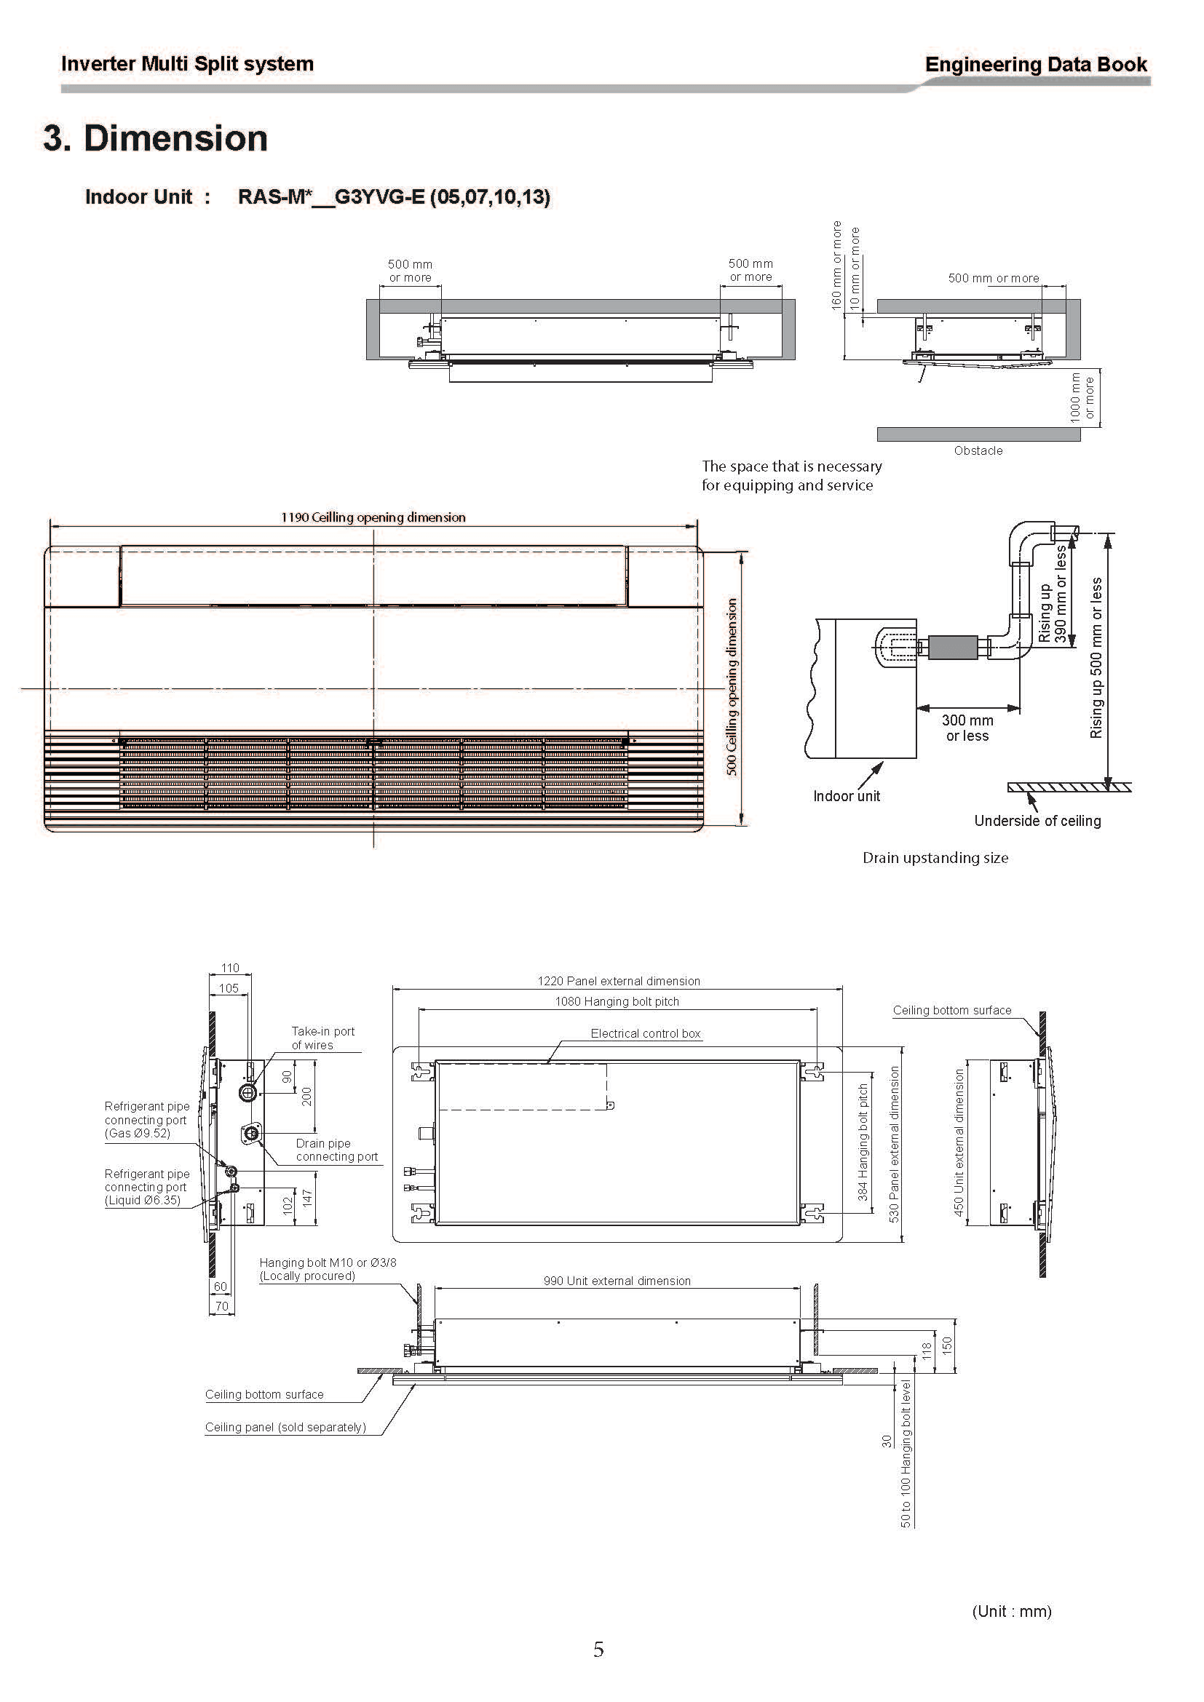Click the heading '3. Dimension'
pyautogui.click(x=155, y=139)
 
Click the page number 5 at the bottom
pyautogui.click(x=598, y=1650)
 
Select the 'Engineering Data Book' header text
pyautogui.click(x=1036, y=65)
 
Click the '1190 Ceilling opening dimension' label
pyautogui.click(x=373, y=517)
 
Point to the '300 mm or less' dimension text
pyautogui.click(x=967, y=728)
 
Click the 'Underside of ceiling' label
pyautogui.click(x=1037, y=821)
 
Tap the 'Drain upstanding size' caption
pyautogui.click(x=935, y=858)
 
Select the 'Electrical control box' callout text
pyautogui.click(x=645, y=1033)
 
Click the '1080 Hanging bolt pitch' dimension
pyautogui.click(x=617, y=1001)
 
